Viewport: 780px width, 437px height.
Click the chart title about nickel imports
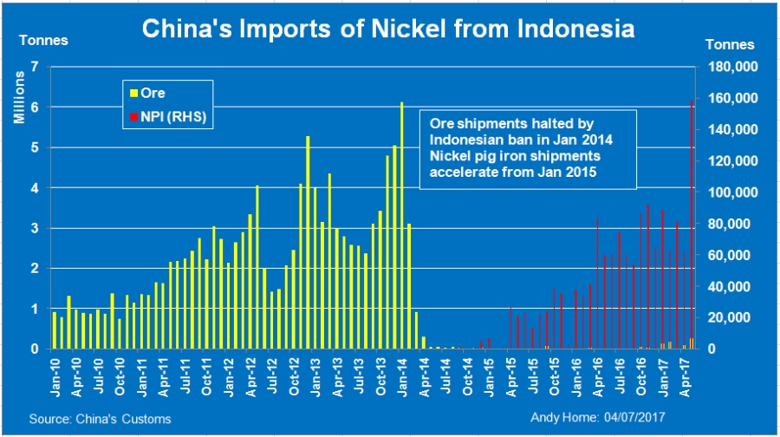point(387,29)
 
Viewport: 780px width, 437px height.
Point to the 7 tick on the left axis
point(35,67)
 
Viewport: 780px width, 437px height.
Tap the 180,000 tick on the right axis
point(734,67)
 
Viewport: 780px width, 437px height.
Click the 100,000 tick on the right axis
point(734,192)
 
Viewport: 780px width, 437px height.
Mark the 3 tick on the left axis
point(35,228)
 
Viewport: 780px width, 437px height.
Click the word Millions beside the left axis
point(18,98)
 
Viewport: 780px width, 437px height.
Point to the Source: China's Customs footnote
point(100,419)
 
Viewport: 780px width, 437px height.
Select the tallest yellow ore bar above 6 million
point(401,225)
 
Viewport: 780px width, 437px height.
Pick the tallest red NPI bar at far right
point(691,225)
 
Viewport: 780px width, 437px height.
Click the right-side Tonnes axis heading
point(731,45)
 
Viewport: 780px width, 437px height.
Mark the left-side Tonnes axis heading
point(43,40)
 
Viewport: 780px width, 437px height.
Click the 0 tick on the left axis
point(35,349)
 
